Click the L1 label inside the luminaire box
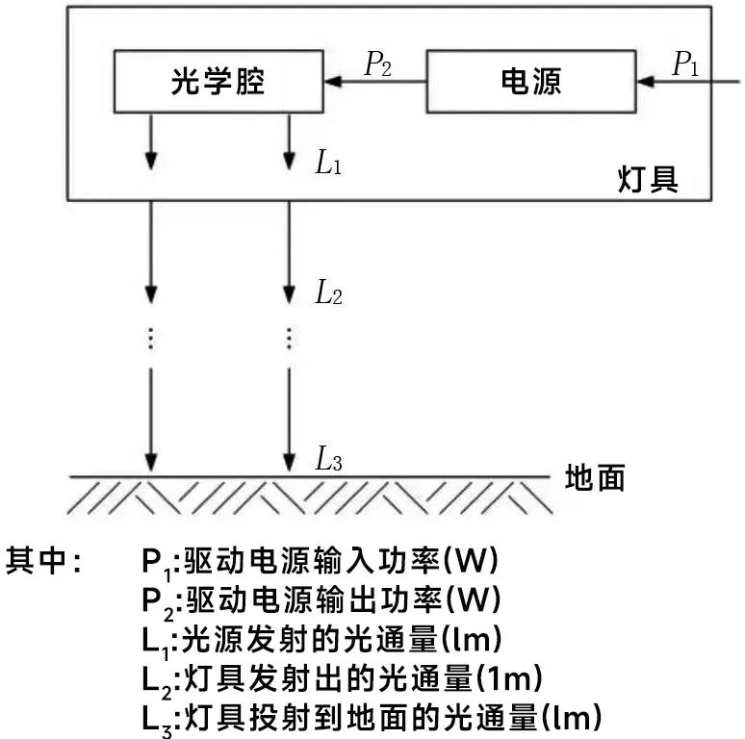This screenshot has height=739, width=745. (329, 162)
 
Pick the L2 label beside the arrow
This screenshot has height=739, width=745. (329, 293)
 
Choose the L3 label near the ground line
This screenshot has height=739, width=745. (329, 460)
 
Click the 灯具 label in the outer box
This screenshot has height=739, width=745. (647, 179)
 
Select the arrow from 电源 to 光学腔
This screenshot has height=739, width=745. (374, 83)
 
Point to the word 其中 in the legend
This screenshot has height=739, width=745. (43, 560)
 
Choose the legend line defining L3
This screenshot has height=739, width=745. (372, 718)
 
